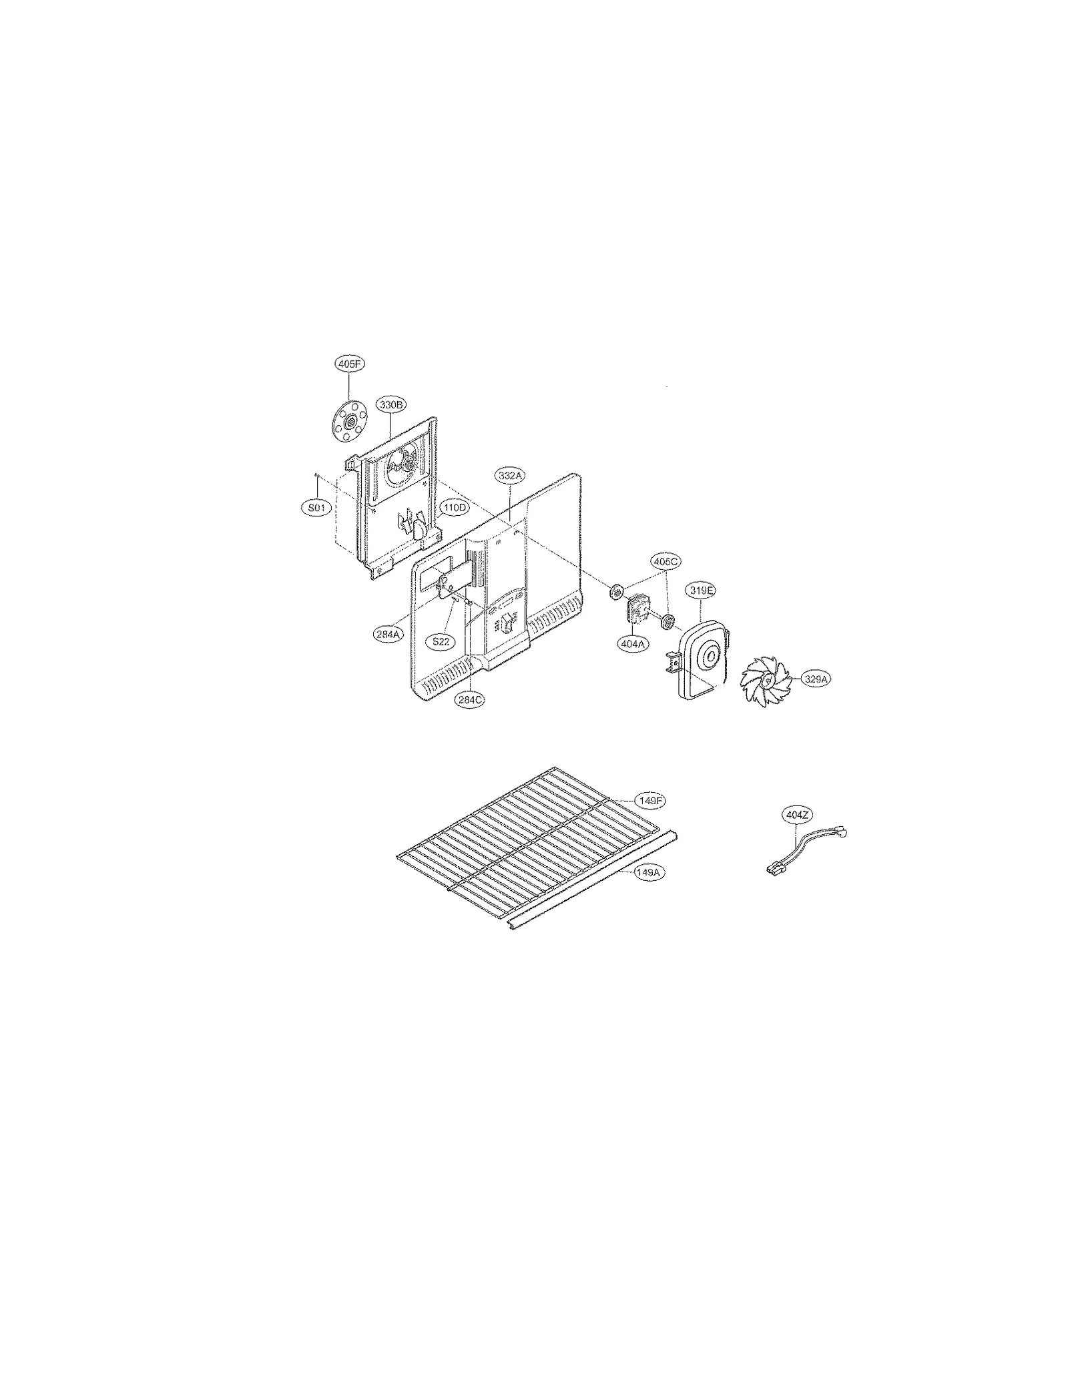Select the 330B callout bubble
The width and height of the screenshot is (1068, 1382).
click(x=391, y=404)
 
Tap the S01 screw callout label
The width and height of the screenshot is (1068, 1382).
click(x=316, y=508)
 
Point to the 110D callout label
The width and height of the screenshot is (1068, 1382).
click(x=454, y=507)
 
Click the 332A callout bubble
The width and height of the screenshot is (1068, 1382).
click(x=510, y=476)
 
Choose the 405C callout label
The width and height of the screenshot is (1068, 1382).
click(x=665, y=562)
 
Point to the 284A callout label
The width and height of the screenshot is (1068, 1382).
click(x=388, y=634)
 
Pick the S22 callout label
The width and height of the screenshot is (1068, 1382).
click(x=441, y=642)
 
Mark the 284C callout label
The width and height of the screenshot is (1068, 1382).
click(x=470, y=700)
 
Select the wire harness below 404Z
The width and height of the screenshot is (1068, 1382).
click(x=804, y=849)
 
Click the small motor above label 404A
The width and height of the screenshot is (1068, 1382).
click(x=637, y=607)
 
